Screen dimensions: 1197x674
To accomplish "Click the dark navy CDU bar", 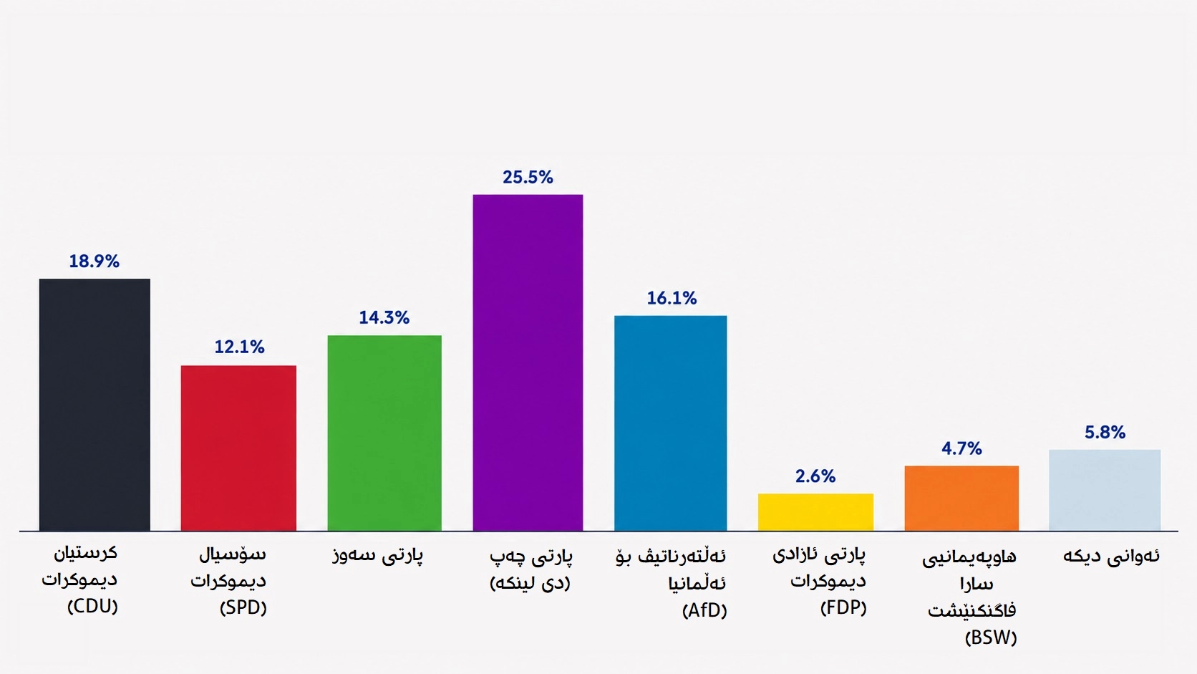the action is point(94,405).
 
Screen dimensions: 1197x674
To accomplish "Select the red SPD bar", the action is point(238,448).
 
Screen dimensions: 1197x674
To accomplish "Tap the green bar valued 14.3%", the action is point(384,433).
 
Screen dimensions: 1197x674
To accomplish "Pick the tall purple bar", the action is point(528,362).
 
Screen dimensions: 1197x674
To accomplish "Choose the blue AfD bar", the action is point(671,423).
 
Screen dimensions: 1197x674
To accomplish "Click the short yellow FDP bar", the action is point(815,512).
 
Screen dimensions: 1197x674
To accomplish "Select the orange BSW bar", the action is point(961,498).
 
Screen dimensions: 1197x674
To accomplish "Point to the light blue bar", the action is point(1105,490).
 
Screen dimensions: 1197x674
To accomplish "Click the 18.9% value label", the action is point(94,261).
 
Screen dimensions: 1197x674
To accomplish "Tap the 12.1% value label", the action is point(239,347).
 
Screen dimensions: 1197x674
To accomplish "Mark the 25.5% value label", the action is point(528,178).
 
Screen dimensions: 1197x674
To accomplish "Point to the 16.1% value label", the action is point(672,298).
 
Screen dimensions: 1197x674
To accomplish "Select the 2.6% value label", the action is point(815,476).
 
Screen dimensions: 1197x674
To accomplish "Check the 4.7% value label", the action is point(962,448).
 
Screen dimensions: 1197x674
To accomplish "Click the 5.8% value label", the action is point(1105,432).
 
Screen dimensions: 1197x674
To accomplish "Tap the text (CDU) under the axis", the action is point(92,607).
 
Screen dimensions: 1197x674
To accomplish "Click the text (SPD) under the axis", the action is point(243,607).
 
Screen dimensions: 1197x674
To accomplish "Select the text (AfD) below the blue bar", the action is point(705,610).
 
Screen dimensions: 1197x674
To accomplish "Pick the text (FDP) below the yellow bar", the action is point(843,608).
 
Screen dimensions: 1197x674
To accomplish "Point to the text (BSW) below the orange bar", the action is point(992,637).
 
